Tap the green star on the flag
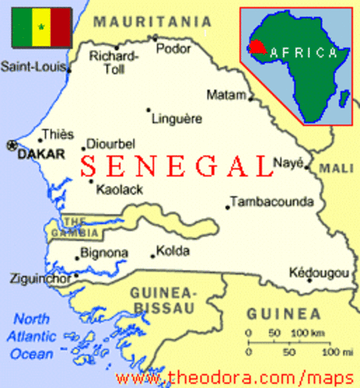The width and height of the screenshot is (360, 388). (x=39, y=26)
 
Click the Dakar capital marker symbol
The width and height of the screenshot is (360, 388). (x=11, y=145)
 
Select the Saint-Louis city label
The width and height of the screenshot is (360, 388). (x=34, y=66)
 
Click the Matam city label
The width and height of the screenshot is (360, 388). (x=226, y=95)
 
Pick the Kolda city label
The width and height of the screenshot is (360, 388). (x=172, y=251)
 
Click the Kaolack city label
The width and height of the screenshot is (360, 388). (x=119, y=191)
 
